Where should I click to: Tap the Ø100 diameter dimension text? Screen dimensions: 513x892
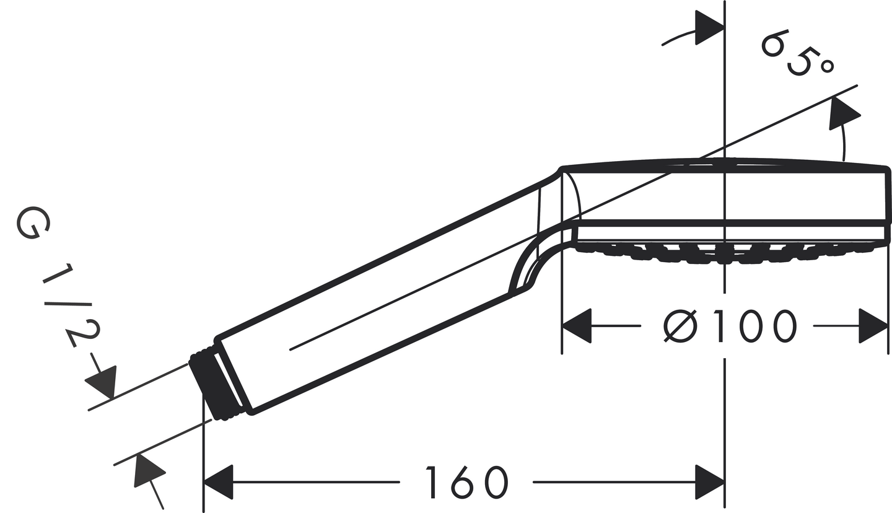click(729, 326)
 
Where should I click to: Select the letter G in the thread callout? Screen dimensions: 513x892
click(33, 223)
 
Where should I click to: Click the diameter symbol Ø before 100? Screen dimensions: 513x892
click(680, 326)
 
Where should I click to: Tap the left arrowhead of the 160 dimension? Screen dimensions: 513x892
click(218, 482)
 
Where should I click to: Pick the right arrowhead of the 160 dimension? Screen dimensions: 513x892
click(710, 482)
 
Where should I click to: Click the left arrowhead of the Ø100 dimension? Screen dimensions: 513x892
click(577, 326)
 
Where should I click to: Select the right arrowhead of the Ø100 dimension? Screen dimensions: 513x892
click(873, 326)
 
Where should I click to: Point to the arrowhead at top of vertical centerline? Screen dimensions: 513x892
click(710, 27)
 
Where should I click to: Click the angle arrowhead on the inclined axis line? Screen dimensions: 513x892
click(844, 113)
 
